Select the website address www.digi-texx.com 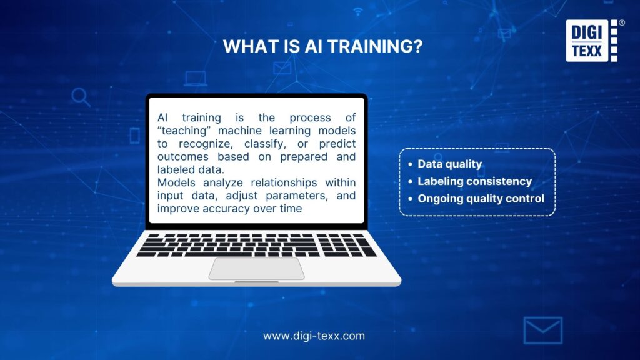[314, 336]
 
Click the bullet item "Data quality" [449, 164]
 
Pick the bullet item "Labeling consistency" [474, 181]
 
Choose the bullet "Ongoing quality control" [481, 199]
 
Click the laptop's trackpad [256, 268]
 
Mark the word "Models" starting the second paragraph [174, 183]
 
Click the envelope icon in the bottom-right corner [542, 330]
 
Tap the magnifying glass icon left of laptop [81, 97]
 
